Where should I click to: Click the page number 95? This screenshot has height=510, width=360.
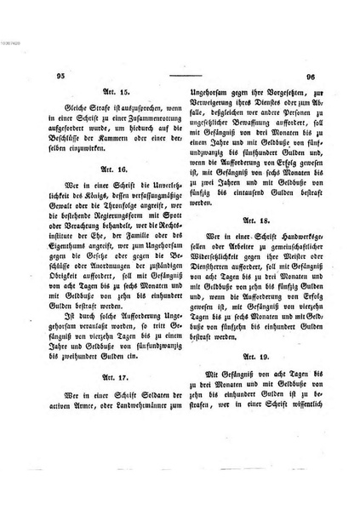(x=60, y=76)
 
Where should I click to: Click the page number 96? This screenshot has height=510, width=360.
(x=311, y=76)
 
